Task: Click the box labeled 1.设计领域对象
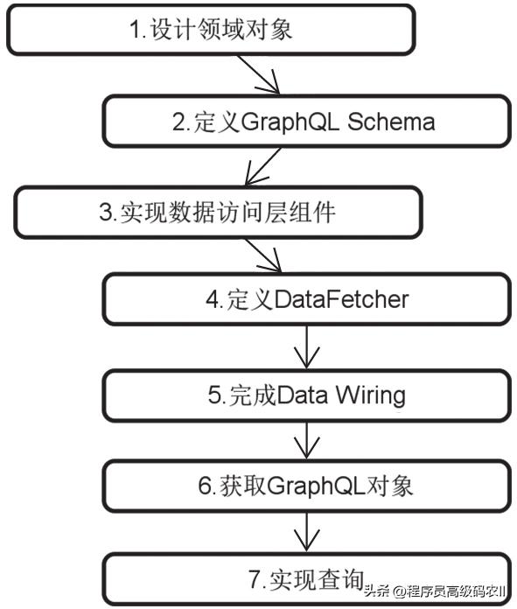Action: (210, 31)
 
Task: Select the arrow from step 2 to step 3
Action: (262, 166)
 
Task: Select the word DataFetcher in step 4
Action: (341, 299)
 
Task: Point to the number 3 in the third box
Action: (104, 213)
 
